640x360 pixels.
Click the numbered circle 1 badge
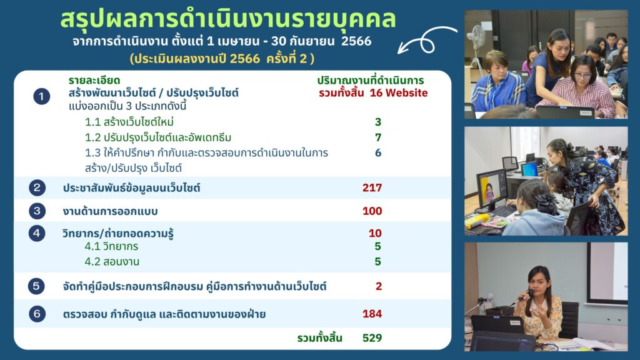[42, 97]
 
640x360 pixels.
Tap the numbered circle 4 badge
[37, 234]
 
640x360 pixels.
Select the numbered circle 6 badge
[37, 314]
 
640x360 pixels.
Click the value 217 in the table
[372, 187]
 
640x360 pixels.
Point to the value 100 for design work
[372, 211]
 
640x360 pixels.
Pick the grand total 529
[372, 338]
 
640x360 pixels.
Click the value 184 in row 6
[372, 314]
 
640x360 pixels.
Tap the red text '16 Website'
[399, 93]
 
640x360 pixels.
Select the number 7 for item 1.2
[378, 137]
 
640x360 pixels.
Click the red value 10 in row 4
[375, 233]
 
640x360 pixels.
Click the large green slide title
[228, 19]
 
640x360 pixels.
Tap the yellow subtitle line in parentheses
[222, 59]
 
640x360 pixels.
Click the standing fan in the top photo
[477, 45]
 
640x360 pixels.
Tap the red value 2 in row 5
[379, 286]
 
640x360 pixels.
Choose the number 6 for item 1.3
[378, 152]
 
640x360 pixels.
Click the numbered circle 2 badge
[37, 187]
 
